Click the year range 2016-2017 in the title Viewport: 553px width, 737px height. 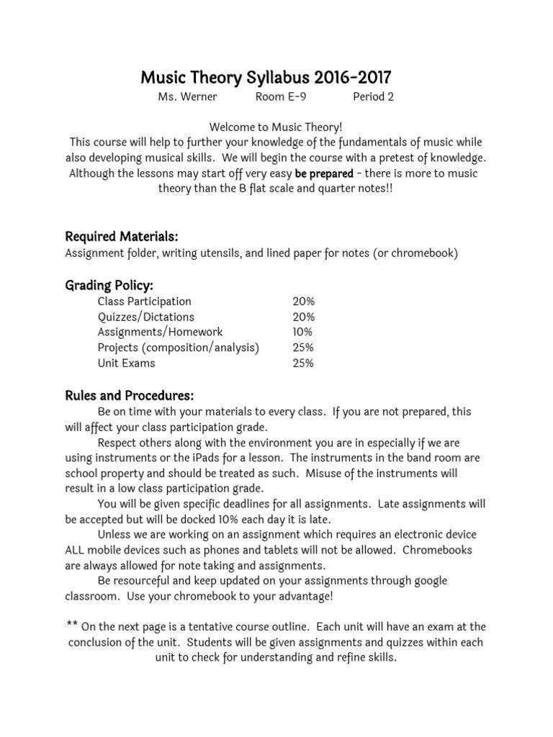[x=345, y=78]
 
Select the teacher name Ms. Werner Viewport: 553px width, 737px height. [x=187, y=97]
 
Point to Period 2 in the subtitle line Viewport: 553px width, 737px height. [x=373, y=97]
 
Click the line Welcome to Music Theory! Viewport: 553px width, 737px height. [x=276, y=127]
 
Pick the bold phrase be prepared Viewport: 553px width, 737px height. [x=324, y=173]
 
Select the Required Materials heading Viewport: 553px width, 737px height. [x=122, y=237]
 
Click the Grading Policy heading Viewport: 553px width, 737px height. [x=109, y=285]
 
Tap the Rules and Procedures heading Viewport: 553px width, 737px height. [x=130, y=396]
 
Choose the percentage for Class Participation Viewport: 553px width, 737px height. [x=303, y=302]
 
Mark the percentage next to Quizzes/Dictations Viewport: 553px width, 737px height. [x=303, y=317]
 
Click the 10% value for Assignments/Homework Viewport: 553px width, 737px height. [x=302, y=333]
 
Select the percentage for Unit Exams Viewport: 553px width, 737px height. [x=303, y=363]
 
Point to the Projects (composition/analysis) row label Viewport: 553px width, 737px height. [x=179, y=348]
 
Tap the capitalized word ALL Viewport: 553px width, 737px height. [x=77, y=550]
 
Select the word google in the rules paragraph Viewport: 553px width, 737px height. [x=429, y=581]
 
